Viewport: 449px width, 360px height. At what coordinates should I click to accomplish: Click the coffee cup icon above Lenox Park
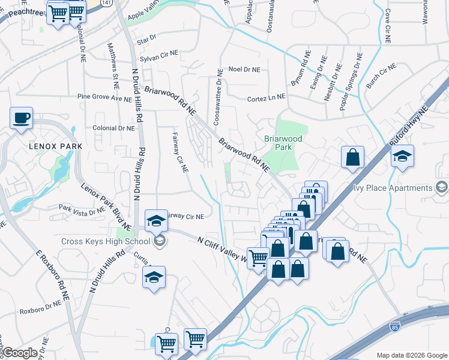22,117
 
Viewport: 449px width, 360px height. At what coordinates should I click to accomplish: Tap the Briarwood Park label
283,142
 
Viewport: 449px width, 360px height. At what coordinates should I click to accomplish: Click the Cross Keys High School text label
105,242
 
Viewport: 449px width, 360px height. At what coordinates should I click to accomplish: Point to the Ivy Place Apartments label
394,188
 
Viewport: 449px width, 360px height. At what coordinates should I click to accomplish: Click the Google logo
19,353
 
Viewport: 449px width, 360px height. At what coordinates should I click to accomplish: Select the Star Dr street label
146,39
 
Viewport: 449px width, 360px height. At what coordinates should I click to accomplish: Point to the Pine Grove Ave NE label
104,97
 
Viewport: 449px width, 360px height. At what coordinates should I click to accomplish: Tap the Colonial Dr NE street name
113,128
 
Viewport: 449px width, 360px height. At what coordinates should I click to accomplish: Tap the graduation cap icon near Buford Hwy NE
402,157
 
